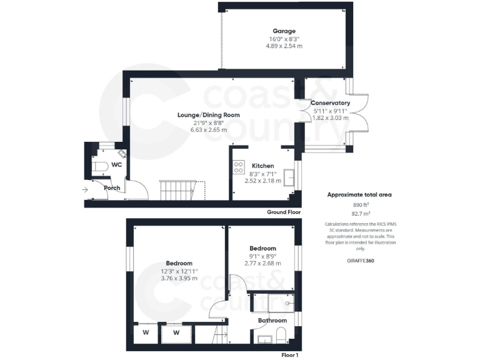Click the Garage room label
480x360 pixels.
coord(284,31)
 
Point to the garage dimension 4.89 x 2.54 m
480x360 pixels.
coord(284,46)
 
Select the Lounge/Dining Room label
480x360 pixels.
coord(199,115)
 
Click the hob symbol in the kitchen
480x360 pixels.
coord(239,167)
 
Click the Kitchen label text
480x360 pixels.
coord(263,166)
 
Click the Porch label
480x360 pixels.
coord(112,187)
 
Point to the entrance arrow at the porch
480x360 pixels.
coord(84,189)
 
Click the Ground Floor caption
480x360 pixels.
coord(284,212)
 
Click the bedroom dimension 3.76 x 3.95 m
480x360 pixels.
coord(179,279)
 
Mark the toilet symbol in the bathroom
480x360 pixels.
coord(282,334)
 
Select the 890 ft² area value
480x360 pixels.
coord(359,204)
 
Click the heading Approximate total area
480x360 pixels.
coord(359,194)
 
